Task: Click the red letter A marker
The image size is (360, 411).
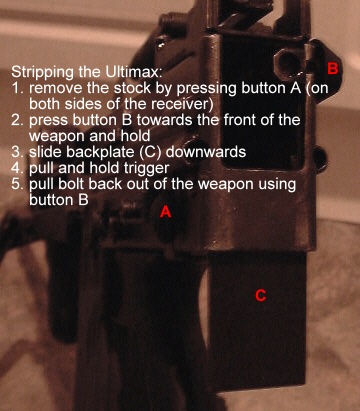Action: (165, 212)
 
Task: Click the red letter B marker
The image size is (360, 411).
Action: (333, 68)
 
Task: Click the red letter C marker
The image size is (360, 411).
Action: (261, 295)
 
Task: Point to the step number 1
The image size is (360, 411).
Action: (17, 88)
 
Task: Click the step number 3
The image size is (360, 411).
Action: (17, 152)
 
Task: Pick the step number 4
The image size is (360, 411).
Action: (17, 168)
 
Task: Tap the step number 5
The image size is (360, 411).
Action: (17, 184)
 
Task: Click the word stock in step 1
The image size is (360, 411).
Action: (132, 88)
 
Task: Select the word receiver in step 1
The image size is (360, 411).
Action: (182, 104)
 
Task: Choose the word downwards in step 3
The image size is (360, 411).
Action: (206, 152)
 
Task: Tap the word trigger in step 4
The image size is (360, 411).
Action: (146, 169)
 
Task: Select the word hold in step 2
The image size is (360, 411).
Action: (135, 136)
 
